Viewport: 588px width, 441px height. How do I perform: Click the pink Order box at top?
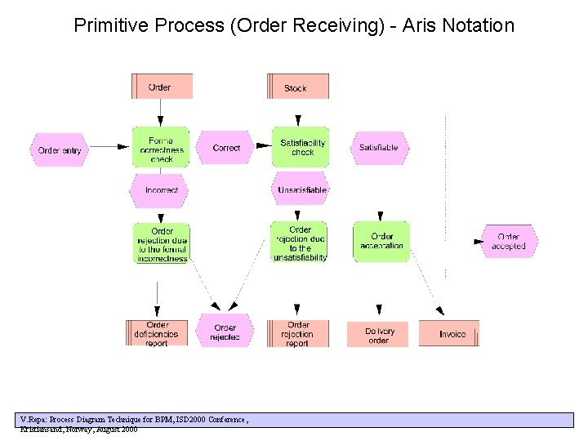(162, 87)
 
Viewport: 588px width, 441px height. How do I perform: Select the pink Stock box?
(297, 87)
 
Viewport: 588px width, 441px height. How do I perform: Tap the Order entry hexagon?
(60, 149)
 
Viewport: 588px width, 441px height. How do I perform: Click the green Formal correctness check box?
(161, 148)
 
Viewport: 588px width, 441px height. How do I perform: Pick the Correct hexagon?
(225, 148)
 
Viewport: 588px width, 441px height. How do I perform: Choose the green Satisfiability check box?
(301, 147)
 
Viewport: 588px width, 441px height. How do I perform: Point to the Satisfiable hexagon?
(379, 148)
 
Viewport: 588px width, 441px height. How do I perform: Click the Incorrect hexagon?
(161, 189)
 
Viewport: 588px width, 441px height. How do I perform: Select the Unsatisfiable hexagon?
(301, 189)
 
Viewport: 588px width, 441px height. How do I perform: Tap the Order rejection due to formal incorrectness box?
(161, 243)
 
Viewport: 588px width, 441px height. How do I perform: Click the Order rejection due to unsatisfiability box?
(300, 243)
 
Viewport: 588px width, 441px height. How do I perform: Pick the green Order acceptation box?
(381, 242)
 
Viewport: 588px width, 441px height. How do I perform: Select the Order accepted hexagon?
(509, 242)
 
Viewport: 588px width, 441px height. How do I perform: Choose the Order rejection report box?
(297, 333)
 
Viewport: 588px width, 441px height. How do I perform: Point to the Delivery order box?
(378, 334)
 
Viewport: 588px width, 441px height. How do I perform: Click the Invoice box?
(450, 333)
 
